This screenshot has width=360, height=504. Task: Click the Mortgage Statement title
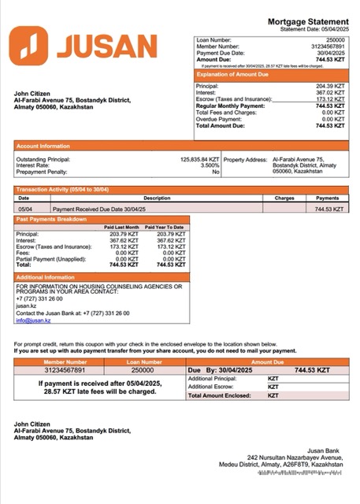tap(307, 22)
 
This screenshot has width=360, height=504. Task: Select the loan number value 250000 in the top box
tap(336, 39)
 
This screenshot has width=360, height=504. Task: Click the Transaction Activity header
tap(63, 190)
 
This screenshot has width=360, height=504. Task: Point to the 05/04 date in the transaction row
tap(24, 209)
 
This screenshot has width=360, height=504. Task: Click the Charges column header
tap(284, 198)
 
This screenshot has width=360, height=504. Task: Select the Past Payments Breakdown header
tap(52, 219)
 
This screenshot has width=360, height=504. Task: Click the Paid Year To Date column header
tap(165, 227)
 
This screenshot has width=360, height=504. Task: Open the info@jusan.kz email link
tap(33, 321)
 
